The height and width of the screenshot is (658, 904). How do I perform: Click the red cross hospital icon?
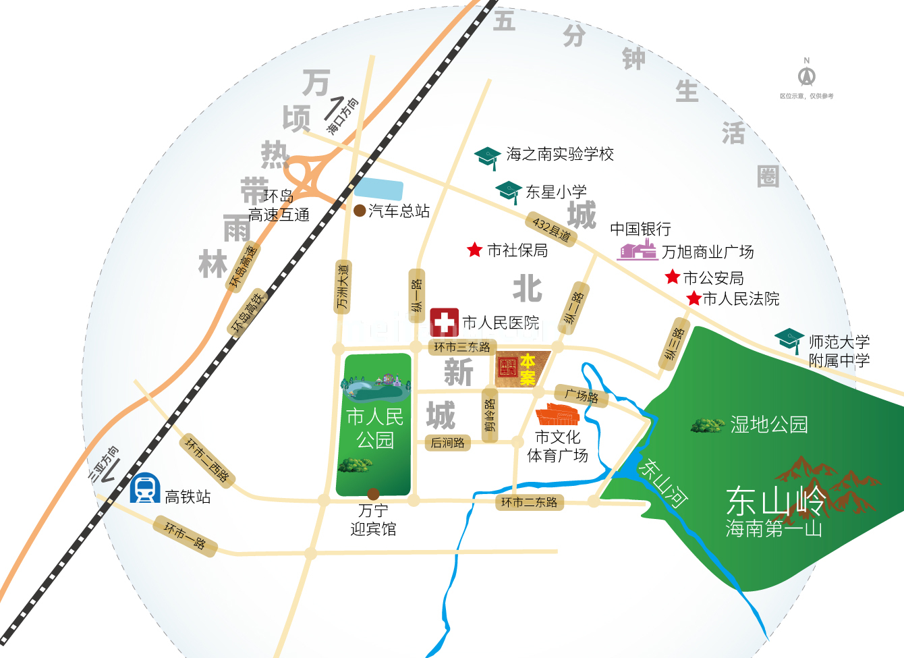[x=444, y=323]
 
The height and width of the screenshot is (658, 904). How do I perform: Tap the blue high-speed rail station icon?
[x=144, y=489]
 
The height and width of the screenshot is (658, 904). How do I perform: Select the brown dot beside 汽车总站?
[x=360, y=211]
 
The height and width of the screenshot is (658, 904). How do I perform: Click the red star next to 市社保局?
[x=474, y=250]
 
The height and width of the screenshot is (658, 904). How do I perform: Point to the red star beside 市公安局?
[x=672, y=277]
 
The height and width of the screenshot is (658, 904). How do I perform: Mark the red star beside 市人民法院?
[x=694, y=298]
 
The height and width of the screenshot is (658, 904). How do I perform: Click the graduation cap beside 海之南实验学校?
[x=487, y=157]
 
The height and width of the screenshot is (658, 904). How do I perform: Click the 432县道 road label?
[x=551, y=229]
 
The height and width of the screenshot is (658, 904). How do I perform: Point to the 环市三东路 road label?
[x=461, y=347]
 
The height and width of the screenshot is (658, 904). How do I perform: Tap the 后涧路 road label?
[x=447, y=443]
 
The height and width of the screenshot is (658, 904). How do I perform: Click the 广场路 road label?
[x=582, y=395]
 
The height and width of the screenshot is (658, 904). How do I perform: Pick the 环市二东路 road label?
[x=530, y=502]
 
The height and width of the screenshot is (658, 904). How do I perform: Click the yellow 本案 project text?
[x=528, y=369]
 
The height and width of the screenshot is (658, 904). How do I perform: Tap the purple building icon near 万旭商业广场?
[x=637, y=250]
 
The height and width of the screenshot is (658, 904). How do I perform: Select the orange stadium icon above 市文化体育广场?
[x=557, y=414]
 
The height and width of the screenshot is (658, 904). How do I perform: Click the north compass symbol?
[x=806, y=74]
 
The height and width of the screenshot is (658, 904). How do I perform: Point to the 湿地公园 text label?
[x=768, y=424]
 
